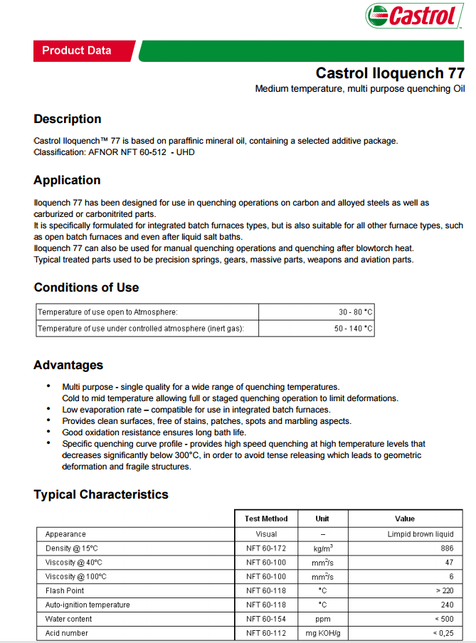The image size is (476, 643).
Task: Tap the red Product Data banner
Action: (77, 51)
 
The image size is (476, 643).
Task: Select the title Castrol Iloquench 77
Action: (390, 73)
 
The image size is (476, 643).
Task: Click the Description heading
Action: (68, 119)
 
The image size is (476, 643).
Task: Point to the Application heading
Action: (67, 180)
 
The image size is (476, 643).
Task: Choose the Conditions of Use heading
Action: (86, 287)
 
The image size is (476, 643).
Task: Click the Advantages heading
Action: (68, 365)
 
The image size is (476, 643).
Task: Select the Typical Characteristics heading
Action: (101, 494)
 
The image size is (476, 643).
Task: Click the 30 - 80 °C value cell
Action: (355, 312)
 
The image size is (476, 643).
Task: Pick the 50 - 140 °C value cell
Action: (353, 329)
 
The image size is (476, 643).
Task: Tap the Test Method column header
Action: (265, 519)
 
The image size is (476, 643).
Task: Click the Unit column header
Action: (322, 519)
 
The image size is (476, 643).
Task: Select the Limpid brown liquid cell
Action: (420, 534)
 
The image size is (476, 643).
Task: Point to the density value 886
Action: (446, 548)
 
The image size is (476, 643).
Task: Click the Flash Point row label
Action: (65, 590)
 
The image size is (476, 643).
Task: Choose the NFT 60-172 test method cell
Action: (265, 548)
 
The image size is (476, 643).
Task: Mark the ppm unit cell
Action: (322, 619)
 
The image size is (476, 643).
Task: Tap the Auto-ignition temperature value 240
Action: (446, 605)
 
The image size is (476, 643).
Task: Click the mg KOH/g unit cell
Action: (322, 633)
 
